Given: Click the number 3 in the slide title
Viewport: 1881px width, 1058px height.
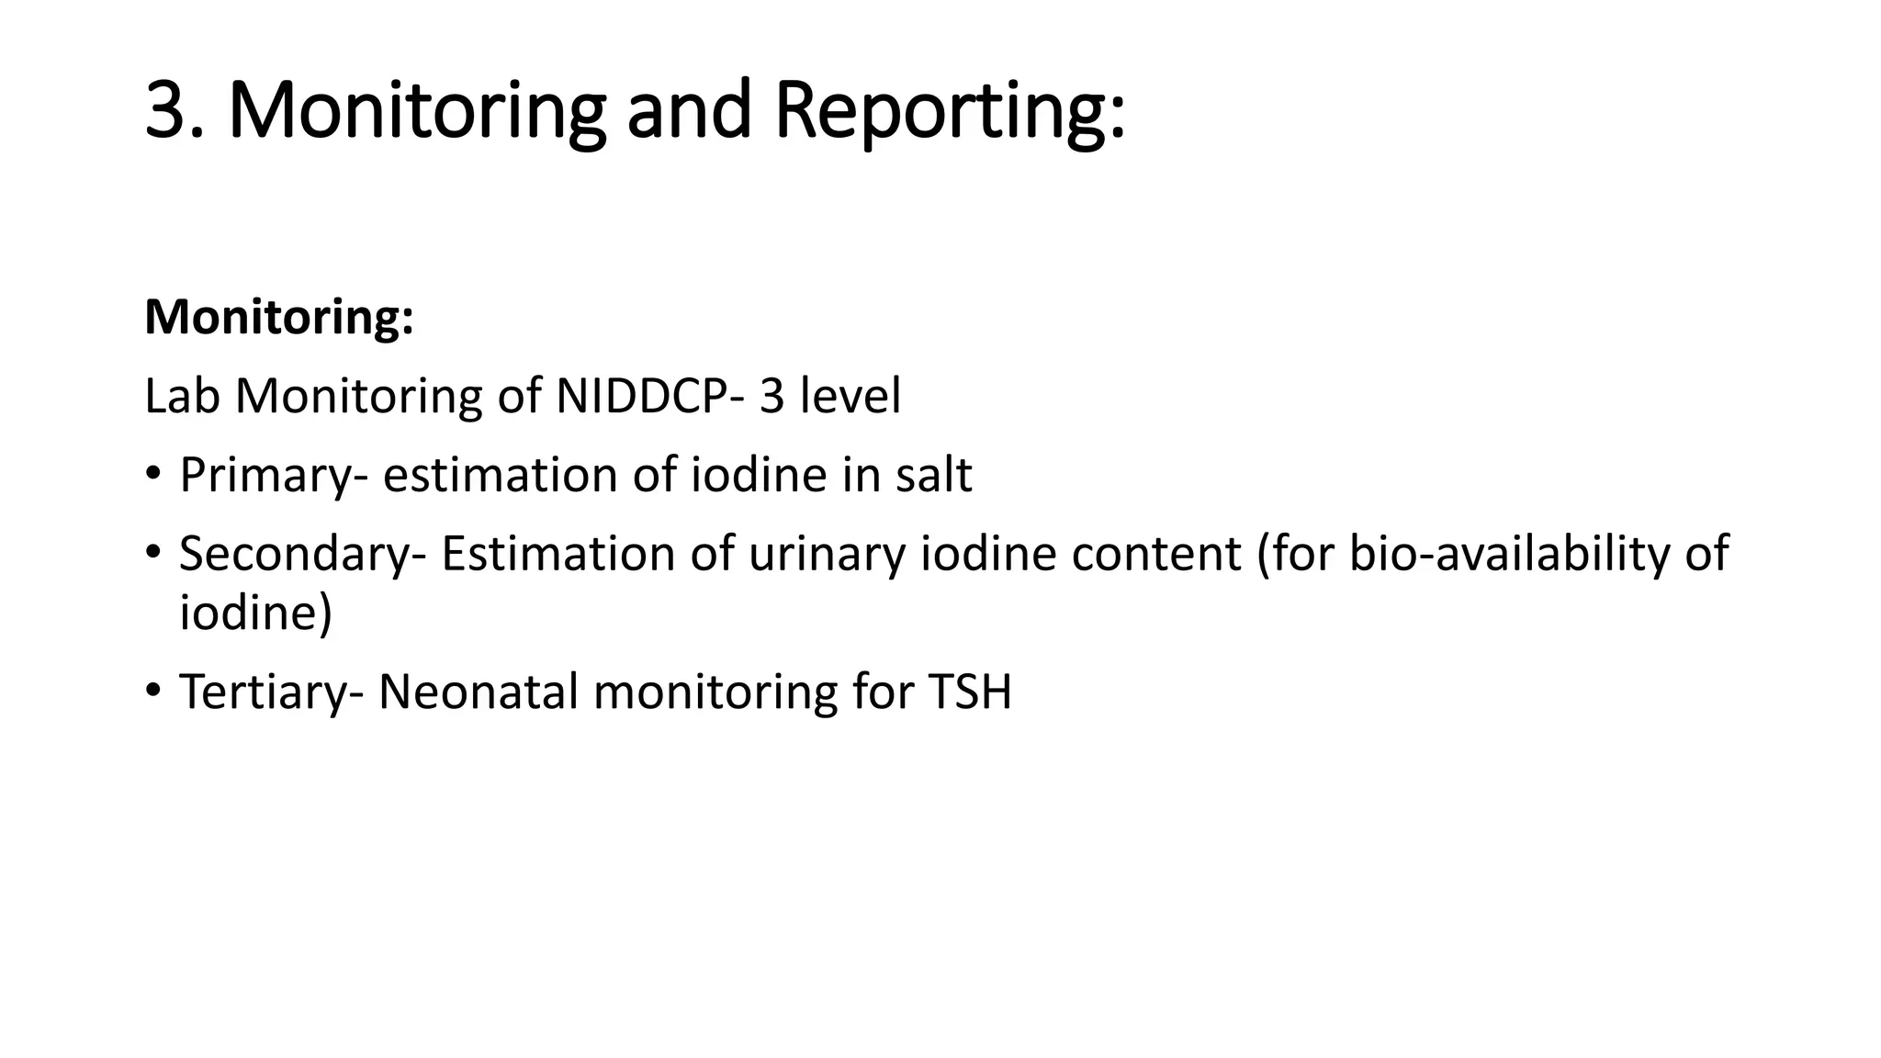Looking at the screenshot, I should click(x=173, y=110).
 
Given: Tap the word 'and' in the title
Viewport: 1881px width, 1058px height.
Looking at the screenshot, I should click(x=688, y=110).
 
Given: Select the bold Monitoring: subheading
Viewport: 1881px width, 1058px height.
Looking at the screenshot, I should click(x=279, y=318).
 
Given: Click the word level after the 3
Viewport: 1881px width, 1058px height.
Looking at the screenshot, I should click(x=850, y=397).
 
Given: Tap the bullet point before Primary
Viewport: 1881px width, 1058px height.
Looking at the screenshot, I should click(x=152, y=474).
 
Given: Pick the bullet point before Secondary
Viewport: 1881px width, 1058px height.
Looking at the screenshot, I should click(x=152, y=552).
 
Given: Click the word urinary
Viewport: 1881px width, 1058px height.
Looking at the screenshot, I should click(x=827, y=554).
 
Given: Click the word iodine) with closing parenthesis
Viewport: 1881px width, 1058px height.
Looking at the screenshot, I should click(x=255, y=612).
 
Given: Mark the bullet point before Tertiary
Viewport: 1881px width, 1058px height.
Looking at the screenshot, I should click(x=152, y=690).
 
